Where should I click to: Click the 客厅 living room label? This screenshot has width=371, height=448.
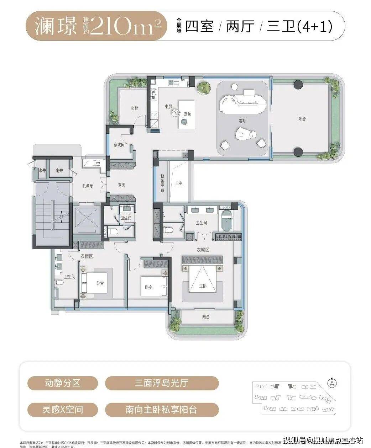pyautogui.click(x=242, y=121)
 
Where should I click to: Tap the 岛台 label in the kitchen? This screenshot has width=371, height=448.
pyautogui.click(x=187, y=114)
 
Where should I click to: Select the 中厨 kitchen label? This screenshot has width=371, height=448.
pyautogui.click(x=168, y=107)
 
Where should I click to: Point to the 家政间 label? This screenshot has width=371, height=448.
pyautogui.click(x=119, y=145)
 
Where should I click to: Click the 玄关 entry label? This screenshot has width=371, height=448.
pyautogui.click(x=121, y=185)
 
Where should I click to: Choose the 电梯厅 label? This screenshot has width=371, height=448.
pyautogui.click(x=87, y=186)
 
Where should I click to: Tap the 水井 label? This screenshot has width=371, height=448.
pyautogui.click(x=42, y=171)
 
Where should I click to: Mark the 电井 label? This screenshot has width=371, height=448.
pyautogui.click(x=59, y=171)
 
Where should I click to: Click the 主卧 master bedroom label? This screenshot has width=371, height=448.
pyautogui.click(x=203, y=286)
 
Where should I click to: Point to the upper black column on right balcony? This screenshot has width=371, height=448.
pyautogui.click(x=298, y=85)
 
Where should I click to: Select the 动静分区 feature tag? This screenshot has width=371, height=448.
pyautogui.click(x=62, y=383)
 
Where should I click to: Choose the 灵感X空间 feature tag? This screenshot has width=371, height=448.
pyautogui.click(x=62, y=409)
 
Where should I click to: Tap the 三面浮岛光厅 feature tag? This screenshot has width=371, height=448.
pyautogui.click(x=162, y=383)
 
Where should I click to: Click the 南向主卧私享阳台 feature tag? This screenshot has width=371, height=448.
pyautogui.click(x=162, y=409)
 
